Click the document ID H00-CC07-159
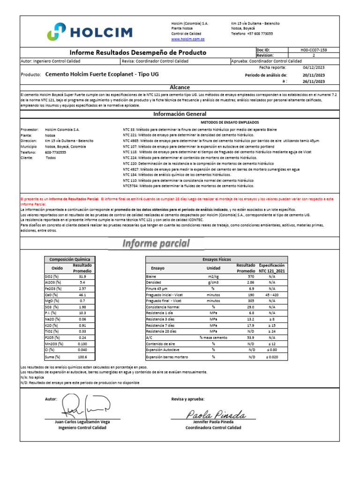click(x=314, y=49)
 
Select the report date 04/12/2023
click(x=314, y=67)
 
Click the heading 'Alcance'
click(x=180, y=87)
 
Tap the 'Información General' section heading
click(x=180, y=114)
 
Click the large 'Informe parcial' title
click(x=157, y=243)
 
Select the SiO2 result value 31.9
click(x=82, y=277)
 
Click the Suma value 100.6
click(x=82, y=357)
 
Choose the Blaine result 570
click(x=251, y=277)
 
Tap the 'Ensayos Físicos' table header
click(x=217, y=259)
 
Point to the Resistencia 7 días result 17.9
click(x=251, y=325)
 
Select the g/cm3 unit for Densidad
click(x=213, y=283)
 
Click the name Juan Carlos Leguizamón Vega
click(x=82, y=422)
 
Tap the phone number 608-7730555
click(x=55, y=152)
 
